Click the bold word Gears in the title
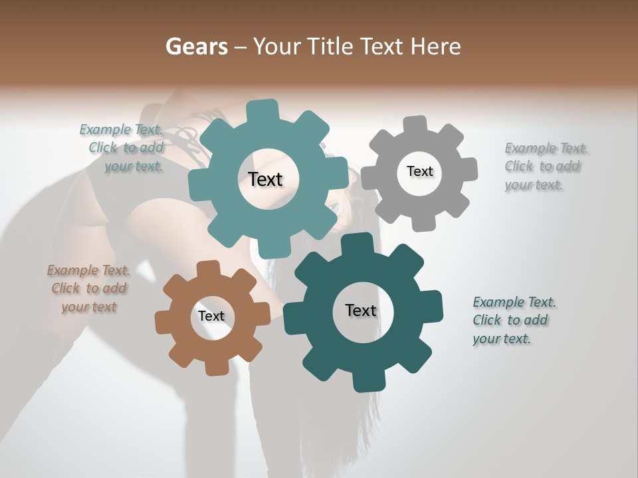(196, 46)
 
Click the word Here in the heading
(435, 46)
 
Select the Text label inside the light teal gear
(265, 179)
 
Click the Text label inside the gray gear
(419, 171)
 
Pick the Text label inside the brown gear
(211, 316)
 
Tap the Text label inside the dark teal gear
(361, 310)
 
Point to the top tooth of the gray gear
(415, 124)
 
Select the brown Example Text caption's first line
(88, 270)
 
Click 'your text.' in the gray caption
(534, 185)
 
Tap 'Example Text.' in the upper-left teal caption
(121, 129)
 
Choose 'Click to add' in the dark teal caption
(510, 320)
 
